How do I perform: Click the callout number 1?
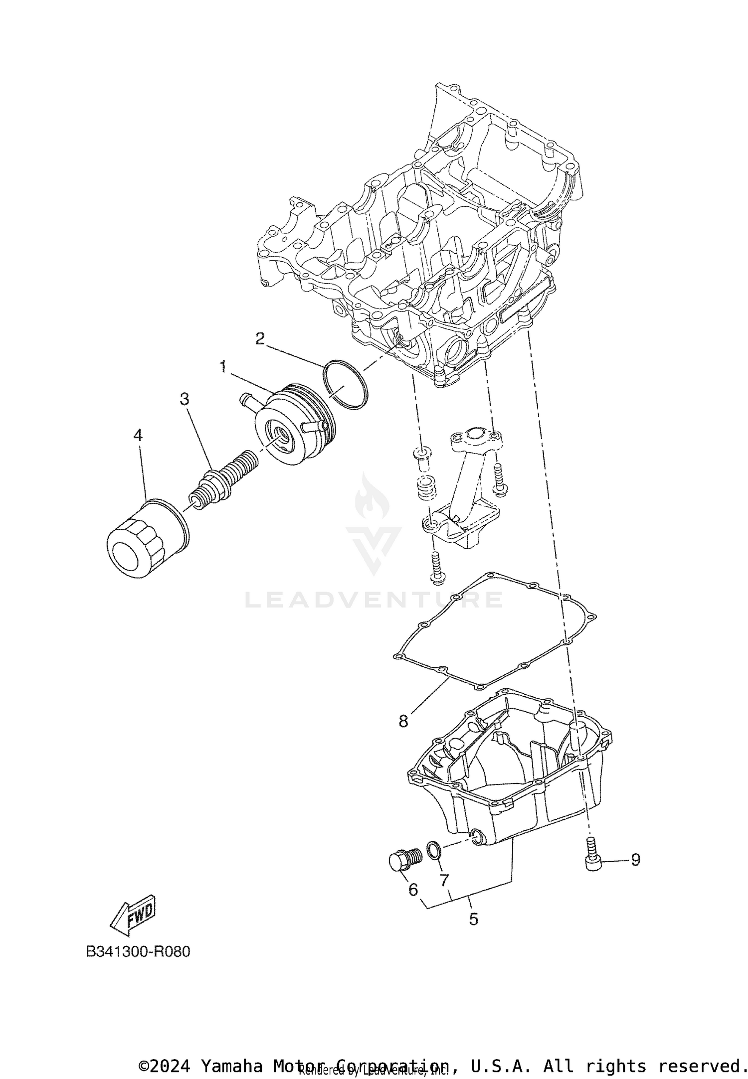pyautogui.click(x=223, y=367)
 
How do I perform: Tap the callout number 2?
pyautogui.click(x=260, y=339)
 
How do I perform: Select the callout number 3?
pyautogui.click(x=185, y=399)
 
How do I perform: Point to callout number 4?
pyautogui.click(x=138, y=436)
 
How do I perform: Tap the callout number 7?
pyautogui.click(x=445, y=880)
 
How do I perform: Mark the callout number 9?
pyautogui.click(x=635, y=860)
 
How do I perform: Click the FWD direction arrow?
pyautogui.click(x=133, y=916)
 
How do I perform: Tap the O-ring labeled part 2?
pyautogui.click(x=346, y=384)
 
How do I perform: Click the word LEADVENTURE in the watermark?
pyautogui.click(x=374, y=600)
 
